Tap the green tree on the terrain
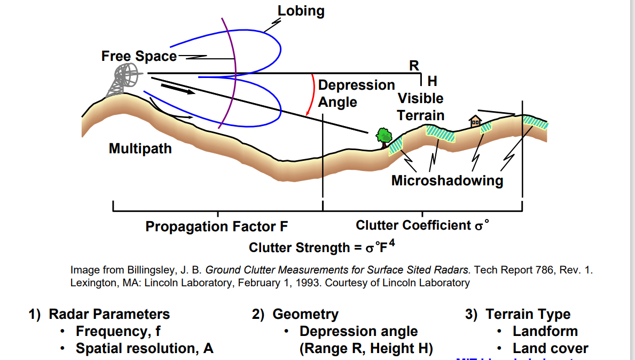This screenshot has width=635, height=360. [383, 136]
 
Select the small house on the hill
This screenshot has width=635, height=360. [474, 121]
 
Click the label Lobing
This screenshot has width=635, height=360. [301, 11]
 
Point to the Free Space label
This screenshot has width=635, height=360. [139, 56]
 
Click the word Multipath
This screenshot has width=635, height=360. [140, 148]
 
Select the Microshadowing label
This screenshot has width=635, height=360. [447, 181]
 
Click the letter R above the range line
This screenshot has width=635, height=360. [414, 66]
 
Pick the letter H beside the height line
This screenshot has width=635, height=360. [433, 81]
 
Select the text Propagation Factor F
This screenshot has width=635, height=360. [216, 227]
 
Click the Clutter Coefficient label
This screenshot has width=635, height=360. [422, 225]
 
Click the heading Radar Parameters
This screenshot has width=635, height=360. [109, 314]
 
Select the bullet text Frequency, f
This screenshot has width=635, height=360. [118, 332]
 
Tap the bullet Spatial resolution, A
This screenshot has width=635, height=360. [144, 349]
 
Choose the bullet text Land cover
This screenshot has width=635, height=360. [550, 349]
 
